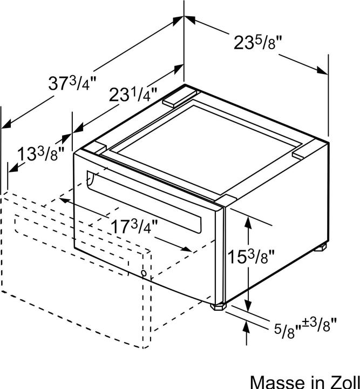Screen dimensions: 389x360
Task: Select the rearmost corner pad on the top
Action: tap(178, 97)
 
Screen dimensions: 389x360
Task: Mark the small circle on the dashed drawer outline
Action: tap(144, 274)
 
